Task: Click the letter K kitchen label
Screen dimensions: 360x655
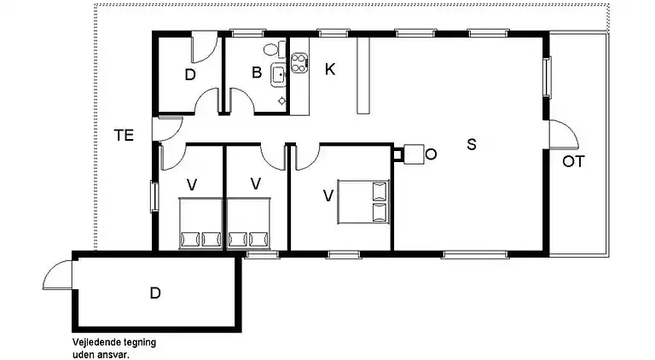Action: pyautogui.click(x=330, y=70)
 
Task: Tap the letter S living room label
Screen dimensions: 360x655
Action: pyautogui.click(x=471, y=144)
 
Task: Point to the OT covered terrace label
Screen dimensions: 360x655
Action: pyautogui.click(x=573, y=161)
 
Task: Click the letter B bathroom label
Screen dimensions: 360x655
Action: pyautogui.click(x=256, y=73)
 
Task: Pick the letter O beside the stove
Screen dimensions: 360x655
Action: pyautogui.click(x=431, y=154)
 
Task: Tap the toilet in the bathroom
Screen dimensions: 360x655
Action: pyautogui.click(x=271, y=49)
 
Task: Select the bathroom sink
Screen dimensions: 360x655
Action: pyautogui.click(x=278, y=74)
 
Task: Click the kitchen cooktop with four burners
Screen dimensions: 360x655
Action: pyautogui.click(x=299, y=61)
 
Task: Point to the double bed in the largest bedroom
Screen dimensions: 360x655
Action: pyautogui.click(x=363, y=201)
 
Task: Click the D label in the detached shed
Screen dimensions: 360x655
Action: pyautogui.click(x=155, y=293)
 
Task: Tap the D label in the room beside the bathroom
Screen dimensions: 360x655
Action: pyautogui.click(x=190, y=75)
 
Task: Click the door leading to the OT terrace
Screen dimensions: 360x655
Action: pyautogui.click(x=559, y=135)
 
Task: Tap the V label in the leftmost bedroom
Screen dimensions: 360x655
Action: pyautogui.click(x=194, y=183)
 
